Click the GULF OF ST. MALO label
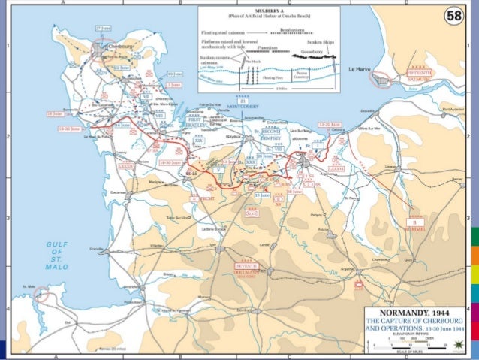click(x=58, y=256)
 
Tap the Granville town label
click(x=116, y=247)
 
